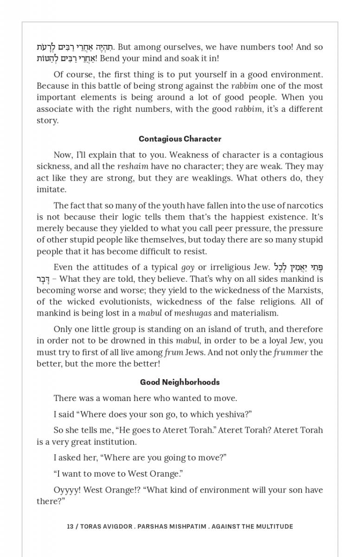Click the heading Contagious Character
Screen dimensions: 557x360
point(180,139)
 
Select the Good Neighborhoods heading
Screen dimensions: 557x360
point(180,382)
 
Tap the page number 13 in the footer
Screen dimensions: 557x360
point(70,526)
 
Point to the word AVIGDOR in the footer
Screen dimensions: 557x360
point(116,526)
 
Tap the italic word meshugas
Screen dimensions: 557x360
point(193,313)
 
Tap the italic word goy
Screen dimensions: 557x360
point(187,267)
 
